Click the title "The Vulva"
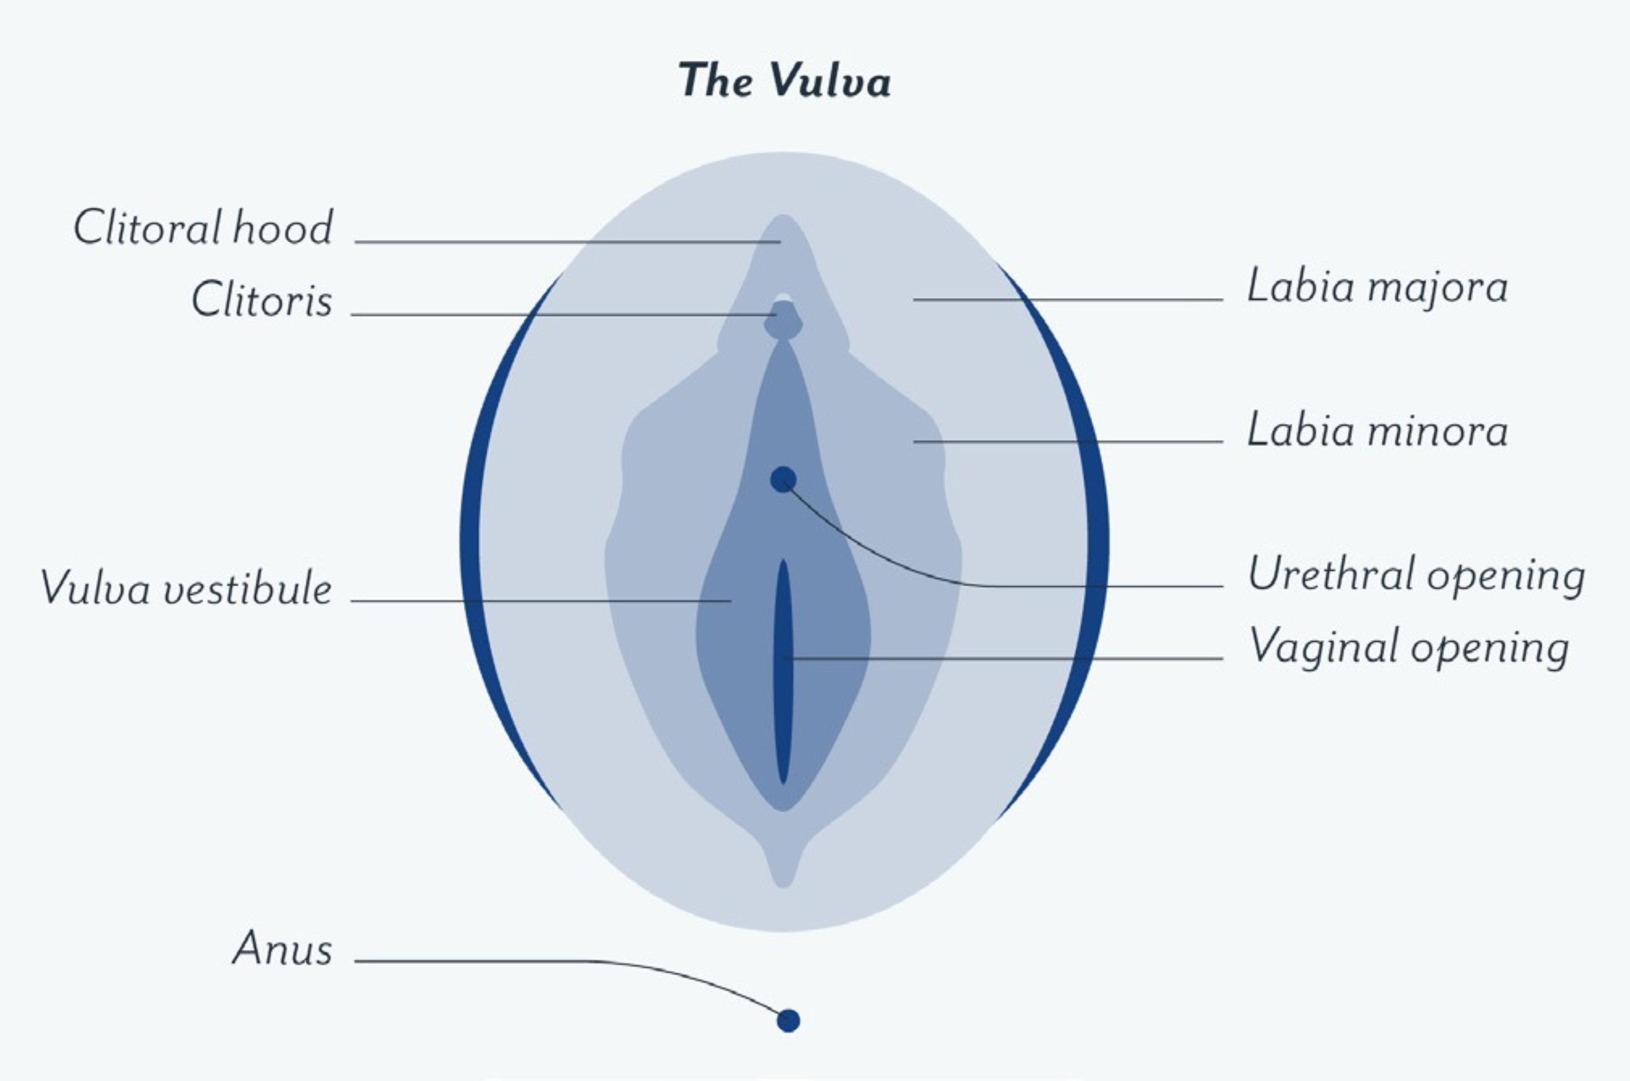point(784,81)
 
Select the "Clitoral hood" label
point(203,228)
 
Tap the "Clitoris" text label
point(262,301)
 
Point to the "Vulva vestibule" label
point(186,589)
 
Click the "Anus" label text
point(283,949)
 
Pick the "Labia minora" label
point(1377,431)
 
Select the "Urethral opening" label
point(1416,575)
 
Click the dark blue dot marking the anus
point(789,1020)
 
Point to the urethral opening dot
point(783,479)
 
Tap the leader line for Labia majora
point(1068,300)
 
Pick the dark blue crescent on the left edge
point(471,538)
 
